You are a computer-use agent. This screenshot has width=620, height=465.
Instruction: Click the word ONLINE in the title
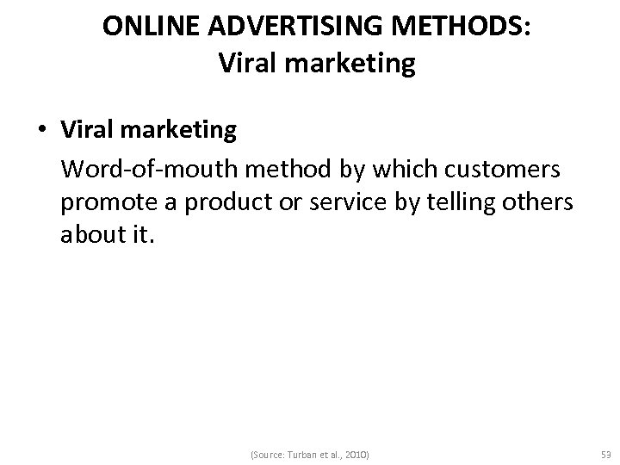click(143, 27)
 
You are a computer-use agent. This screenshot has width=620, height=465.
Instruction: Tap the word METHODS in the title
click(462, 27)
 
